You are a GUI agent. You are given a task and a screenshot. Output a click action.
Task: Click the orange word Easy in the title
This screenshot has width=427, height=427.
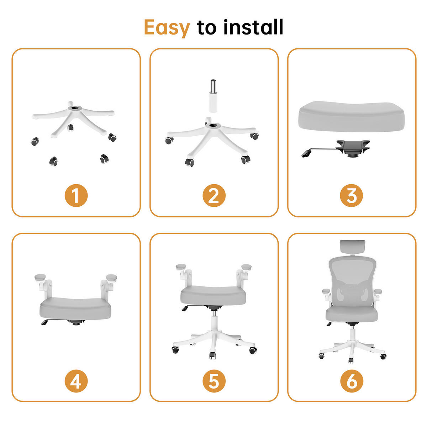tap(167, 28)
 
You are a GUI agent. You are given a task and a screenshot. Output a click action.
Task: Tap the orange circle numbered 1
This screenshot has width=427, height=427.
tap(76, 196)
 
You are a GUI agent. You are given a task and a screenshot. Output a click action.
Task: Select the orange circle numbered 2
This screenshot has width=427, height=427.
tap(213, 196)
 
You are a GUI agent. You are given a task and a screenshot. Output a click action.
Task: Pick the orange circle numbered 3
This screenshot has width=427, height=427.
tap(351, 196)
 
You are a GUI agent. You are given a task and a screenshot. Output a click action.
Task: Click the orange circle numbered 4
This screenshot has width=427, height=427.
tap(76, 381)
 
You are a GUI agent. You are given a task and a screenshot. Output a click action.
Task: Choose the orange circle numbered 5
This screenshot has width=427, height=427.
tap(213, 381)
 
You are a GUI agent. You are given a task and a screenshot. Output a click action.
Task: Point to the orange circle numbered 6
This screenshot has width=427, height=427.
tap(351, 381)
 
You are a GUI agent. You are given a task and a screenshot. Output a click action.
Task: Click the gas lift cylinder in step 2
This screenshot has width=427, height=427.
tap(213, 96)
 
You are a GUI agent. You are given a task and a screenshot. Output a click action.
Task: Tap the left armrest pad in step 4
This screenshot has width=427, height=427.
tap(40, 277)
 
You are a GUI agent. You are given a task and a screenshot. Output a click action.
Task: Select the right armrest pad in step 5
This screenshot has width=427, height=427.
tap(246, 267)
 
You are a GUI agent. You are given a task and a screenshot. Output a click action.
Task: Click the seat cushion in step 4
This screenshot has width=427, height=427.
tap(75, 308)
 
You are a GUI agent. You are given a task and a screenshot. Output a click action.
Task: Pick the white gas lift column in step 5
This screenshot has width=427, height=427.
tap(214, 322)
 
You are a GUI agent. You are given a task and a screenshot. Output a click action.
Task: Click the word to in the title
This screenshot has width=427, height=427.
tap(206, 28)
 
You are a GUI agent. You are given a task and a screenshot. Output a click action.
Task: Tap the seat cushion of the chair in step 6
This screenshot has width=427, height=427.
tap(352, 313)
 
